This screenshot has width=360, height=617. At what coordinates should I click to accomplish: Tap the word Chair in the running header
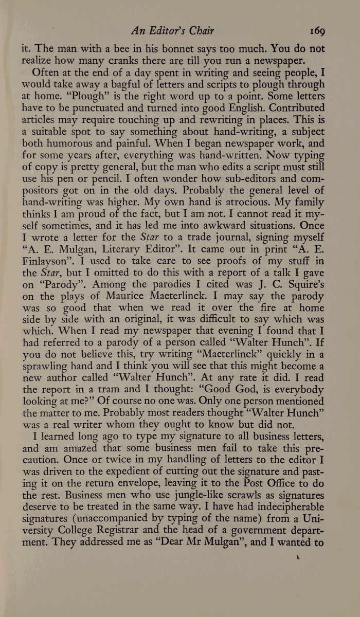[199, 30]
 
